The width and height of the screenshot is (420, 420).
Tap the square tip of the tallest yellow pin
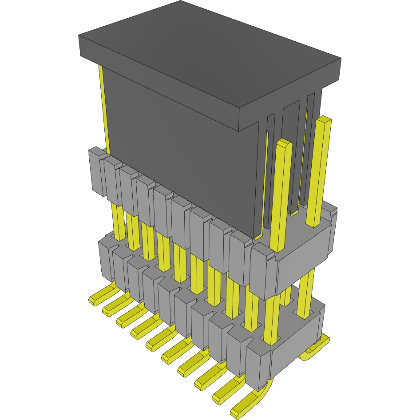(x=325, y=119)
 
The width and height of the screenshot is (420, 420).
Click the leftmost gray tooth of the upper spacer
(x=96, y=171)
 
